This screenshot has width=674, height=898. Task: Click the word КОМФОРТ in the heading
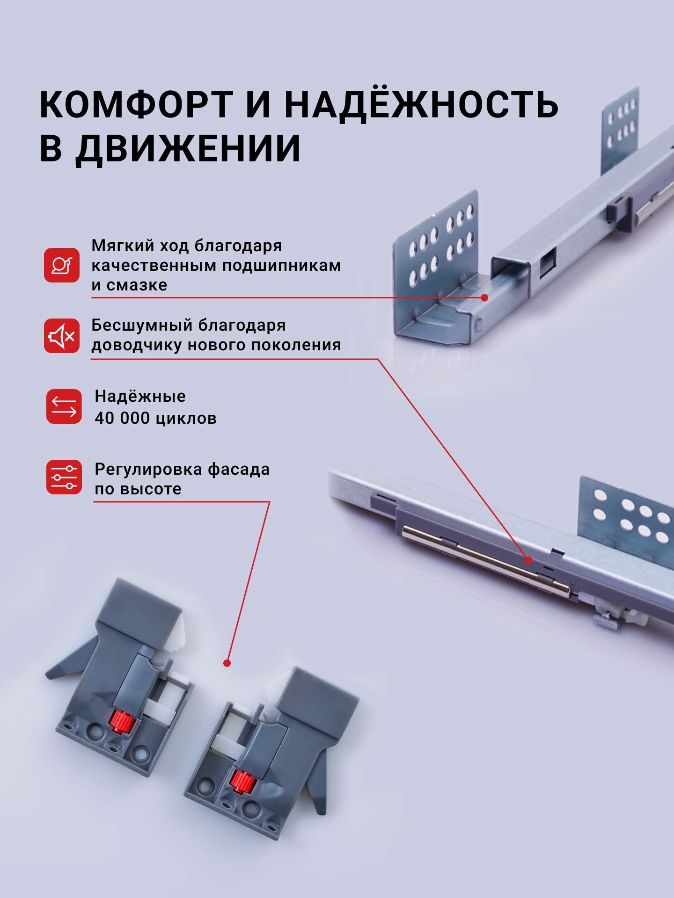pos(136,105)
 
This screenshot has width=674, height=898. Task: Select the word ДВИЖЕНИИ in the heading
pos(189,149)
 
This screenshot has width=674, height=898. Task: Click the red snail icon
pos(62,265)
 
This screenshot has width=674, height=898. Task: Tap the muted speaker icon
pos(62,336)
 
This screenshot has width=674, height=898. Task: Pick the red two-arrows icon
pos(64,406)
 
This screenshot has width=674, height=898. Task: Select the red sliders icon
pos(64,477)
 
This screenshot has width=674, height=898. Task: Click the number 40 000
pos(122,418)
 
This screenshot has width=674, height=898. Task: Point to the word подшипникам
pos(281,266)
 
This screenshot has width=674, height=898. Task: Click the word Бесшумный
pos(141,325)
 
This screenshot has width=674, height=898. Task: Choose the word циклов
pos(186,419)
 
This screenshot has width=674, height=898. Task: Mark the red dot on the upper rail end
pos(484,297)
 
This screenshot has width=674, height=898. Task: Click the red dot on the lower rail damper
pos(528,560)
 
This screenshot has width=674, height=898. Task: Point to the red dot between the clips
pos(227,663)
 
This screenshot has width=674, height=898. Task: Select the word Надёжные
pos(140,397)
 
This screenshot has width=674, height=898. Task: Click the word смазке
pos(137,285)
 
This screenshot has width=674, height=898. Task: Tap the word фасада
pos(239,469)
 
